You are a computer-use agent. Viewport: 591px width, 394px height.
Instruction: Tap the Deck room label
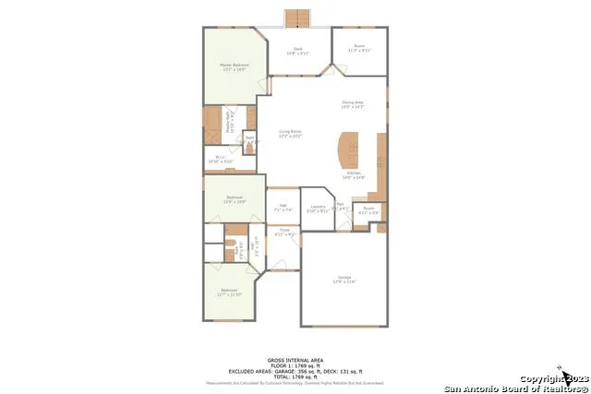298,51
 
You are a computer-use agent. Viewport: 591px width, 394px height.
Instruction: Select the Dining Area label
353,105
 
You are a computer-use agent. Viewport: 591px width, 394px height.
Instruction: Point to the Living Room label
291,134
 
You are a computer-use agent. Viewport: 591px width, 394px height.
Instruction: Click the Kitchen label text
355,174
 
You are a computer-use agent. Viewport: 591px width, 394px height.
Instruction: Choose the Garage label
344,280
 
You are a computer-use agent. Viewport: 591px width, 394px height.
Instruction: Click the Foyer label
284,232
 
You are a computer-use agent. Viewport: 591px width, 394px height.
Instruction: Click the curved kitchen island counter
350,149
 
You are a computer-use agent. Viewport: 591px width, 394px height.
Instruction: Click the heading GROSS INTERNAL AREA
295,359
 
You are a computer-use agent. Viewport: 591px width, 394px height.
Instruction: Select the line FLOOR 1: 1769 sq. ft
295,364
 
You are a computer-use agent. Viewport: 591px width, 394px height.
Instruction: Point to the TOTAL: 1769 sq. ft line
295,376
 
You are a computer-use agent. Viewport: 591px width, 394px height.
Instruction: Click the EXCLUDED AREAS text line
295,370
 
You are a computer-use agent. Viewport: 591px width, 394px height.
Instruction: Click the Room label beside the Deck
359,48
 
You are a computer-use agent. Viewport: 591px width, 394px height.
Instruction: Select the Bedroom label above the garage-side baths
235,198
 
